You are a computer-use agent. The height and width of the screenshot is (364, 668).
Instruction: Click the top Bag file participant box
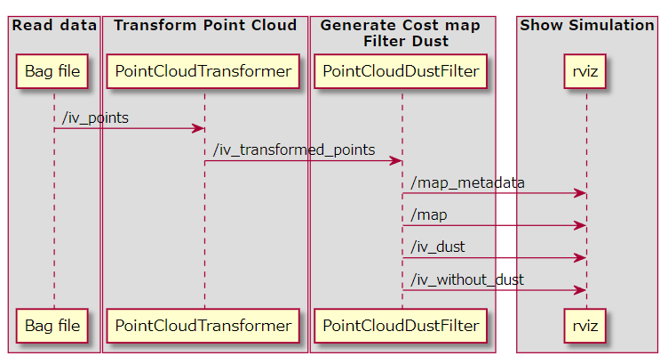tap(52, 71)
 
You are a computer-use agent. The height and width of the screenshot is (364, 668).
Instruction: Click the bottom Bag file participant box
tap(52, 326)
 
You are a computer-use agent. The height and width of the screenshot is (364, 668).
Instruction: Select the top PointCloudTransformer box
tap(203, 71)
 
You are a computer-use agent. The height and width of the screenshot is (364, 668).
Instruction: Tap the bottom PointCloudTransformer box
tap(203, 326)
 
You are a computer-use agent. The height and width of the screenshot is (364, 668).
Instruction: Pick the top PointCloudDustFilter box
tap(401, 71)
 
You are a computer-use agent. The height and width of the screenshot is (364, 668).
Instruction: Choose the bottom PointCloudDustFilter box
tap(401, 326)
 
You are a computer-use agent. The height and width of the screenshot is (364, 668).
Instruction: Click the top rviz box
tap(584, 71)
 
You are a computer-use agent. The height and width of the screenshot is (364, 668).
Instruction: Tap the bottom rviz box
tap(584, 326)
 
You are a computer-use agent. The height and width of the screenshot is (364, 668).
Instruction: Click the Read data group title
tap(54, 25)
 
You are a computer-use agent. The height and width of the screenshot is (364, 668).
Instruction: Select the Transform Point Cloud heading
tap(205, 25)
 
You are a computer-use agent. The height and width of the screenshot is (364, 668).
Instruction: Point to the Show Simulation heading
tap(587, 25)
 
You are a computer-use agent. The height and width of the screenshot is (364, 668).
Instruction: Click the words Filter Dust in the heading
tap(406, 42)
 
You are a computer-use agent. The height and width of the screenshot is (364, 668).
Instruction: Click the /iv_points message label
tap(95, 117)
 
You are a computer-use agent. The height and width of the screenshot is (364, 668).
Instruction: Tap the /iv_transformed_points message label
tap(294, 150)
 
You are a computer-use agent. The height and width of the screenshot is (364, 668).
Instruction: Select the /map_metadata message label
tap(468, 182)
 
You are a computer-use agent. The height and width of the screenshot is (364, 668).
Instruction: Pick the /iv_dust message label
tap(438, 247)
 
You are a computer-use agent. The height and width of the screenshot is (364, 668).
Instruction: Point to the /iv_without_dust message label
tap(467, 279)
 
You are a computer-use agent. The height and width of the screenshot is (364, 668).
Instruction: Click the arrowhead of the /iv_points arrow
tap(199, 128)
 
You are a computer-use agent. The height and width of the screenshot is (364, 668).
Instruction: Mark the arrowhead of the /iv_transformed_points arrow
tap(396, 161)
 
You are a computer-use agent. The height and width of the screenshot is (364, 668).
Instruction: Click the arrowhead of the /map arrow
tap(581, 225)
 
